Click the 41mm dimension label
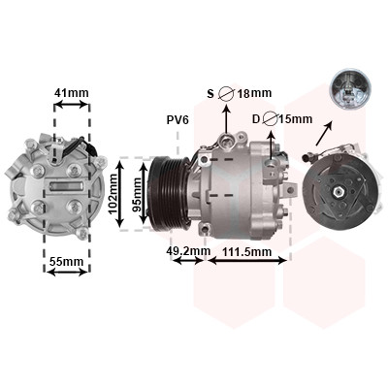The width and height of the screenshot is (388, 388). pos(71,93)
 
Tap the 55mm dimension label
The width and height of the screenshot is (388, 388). pos(66,261)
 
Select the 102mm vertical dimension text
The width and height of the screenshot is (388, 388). pos(113,194)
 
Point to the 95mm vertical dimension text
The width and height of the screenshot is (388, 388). pos(137,194)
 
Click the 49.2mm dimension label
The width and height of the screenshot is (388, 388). pos(188,250)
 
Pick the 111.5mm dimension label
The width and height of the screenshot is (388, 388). pos(247,251)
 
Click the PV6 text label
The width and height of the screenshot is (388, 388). pos(178,120)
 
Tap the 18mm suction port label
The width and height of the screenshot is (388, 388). pos(254,94)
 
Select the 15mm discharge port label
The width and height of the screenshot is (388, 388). pos(296,119)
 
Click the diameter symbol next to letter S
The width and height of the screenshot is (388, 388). pos(226,94)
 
